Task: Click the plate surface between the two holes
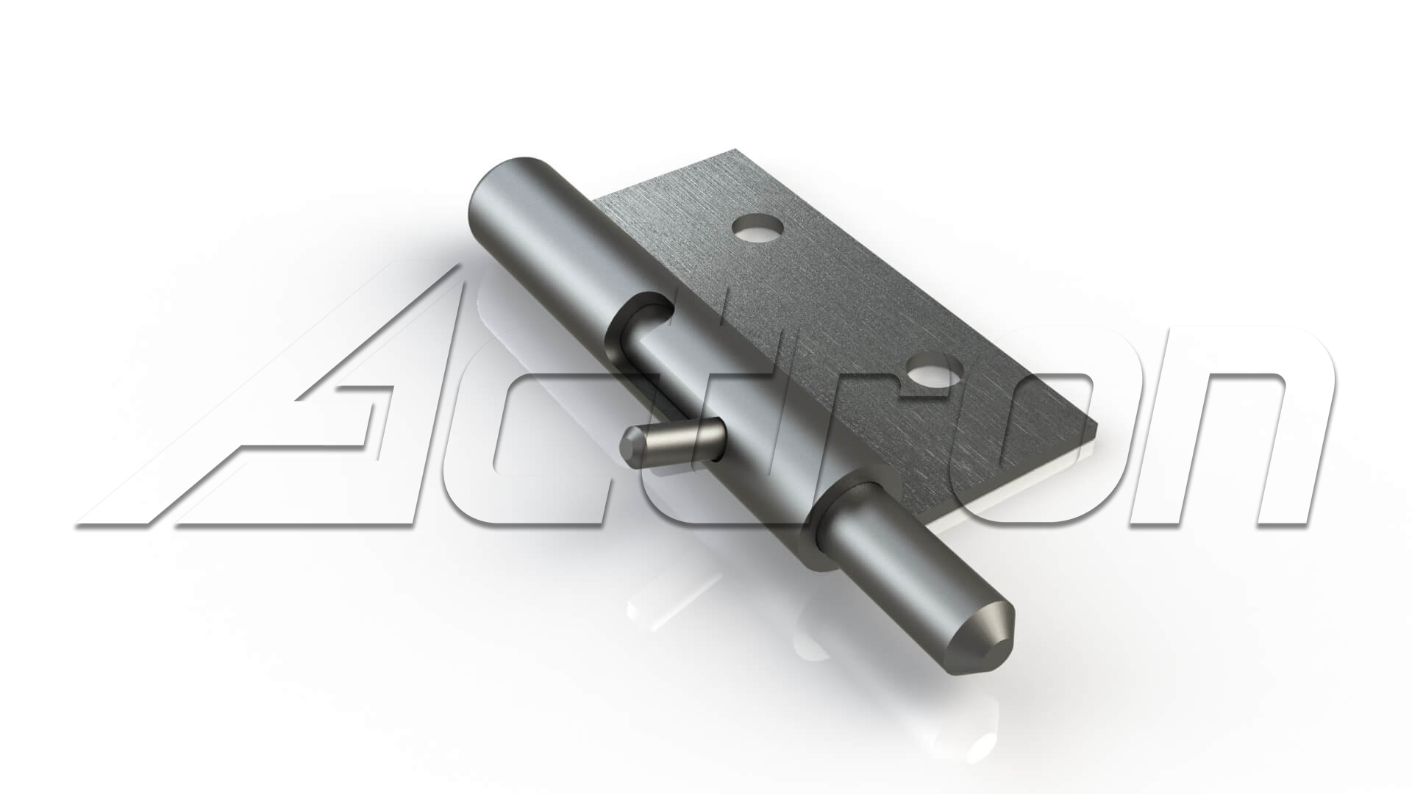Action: pyautogui.click(x=846, y=301)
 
